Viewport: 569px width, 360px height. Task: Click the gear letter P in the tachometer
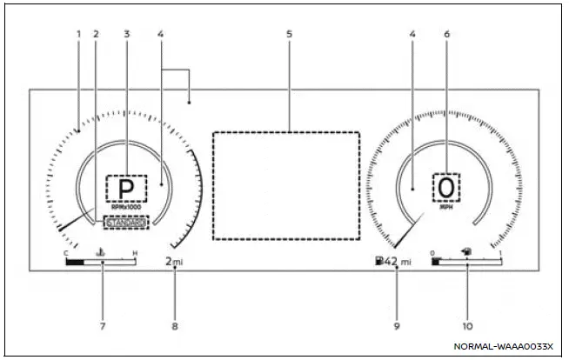click(x=127, y=188)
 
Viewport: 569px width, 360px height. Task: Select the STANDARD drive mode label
click(x=125, y=223)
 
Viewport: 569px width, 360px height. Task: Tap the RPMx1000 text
click(x=127, y=207)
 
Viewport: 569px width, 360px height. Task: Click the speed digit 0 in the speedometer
click(x=446, y=187)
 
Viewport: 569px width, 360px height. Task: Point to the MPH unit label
click(x=446, y=207)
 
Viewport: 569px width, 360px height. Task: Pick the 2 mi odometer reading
click(x=174, y=261)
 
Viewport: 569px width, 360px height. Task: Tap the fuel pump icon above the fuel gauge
click(x=467, y=251)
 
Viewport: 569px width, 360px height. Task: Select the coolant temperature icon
click(x=101, y=253)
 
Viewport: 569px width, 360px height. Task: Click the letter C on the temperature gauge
click(x=65, y=253)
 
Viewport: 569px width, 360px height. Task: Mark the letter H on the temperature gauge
click(x=135, y=253)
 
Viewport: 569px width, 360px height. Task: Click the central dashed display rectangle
click(x=286, y=185)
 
